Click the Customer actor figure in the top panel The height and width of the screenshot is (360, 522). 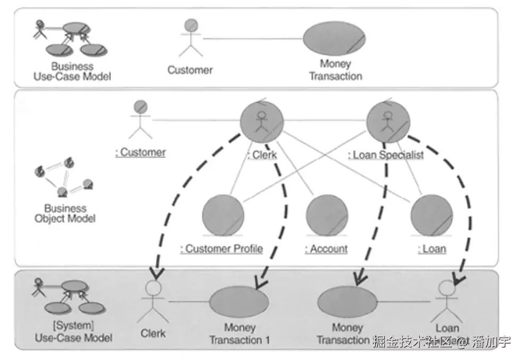pyautogui.click(x=190, y=38)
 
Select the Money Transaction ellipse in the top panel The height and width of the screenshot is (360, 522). pyautogui.click(x=334, y=39)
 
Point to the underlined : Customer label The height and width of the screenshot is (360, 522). pyautogui.click(x=140, y=153)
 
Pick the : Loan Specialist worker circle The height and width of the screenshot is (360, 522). pyautogui.click(x=388, y=122)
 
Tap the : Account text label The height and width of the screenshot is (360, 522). pyautogui.click(x=326, y=249)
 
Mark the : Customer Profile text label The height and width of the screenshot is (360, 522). pyautogui.click(x=221, y=249)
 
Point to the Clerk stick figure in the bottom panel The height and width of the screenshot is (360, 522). pyautogui.click(x=153, y=302)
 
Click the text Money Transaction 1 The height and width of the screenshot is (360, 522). pyautogui.click(x=239, y=334)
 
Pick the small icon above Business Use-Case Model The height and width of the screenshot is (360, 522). pyautogui.click(x=70, y=38)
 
